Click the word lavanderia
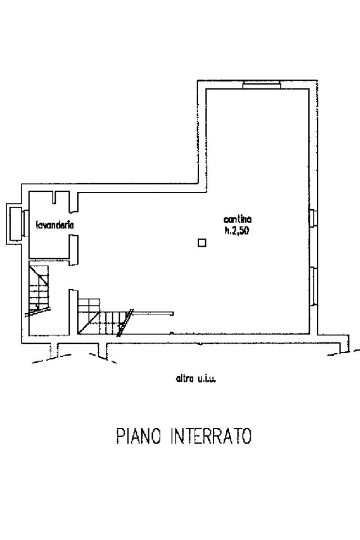pyautogui.click(x=55, y=225)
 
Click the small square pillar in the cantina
pyautogui.click(x=202, y=242)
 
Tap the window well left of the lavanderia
pyautogui.click(x=14, y=223)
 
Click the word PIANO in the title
pyautogui.click(x=136, y=437)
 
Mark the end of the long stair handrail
pyautogui.click(x=172, y=313)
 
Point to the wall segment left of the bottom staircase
pyautogui.click(x=73, y=311)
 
